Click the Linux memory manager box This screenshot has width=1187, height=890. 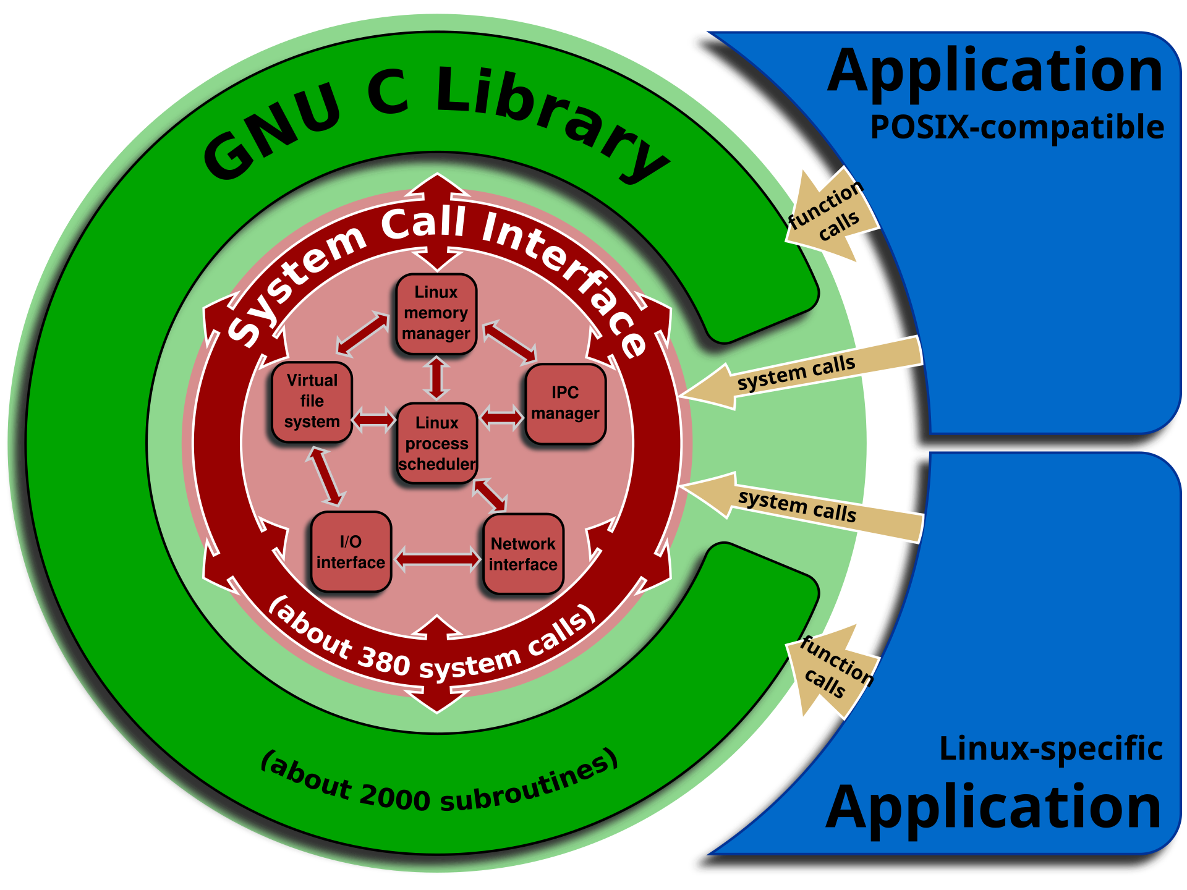(x=436, y=314)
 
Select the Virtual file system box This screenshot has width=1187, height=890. (x=312, y=402)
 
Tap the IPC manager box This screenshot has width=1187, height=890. (x=565, y=404)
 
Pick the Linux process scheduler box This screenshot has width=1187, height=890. (x=436, y=443)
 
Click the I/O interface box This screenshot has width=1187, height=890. (x=351, y=551)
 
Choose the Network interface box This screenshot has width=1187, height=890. (x=523, y=554)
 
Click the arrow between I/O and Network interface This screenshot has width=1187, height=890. (x=438, y=559)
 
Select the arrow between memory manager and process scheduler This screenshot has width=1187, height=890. (x=436, y=378)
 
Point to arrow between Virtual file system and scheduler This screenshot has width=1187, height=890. (x=374, y=420)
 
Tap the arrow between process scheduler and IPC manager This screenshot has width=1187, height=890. (x=501, y=417)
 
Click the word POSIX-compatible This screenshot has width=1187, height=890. (x=1017, y=128)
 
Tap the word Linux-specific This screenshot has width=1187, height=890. (x=1051, y=748)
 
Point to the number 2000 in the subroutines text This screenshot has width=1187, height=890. (x=394, y=797)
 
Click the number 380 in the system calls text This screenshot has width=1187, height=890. (x=383, y=661)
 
